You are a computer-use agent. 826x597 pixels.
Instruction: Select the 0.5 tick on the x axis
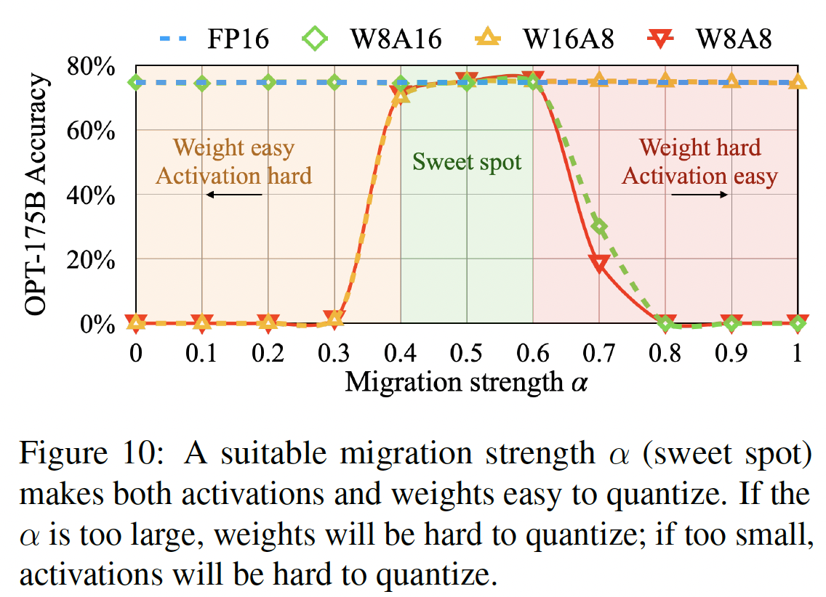(x=467, y=354)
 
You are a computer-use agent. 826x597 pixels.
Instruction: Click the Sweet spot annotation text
(x=467, y=161)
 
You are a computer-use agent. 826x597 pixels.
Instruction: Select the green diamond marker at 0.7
(x=600, y=227)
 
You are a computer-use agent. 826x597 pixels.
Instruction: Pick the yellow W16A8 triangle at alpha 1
(x=798, y=81)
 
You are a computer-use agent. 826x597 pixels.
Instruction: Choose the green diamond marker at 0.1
(x=202, y=83)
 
